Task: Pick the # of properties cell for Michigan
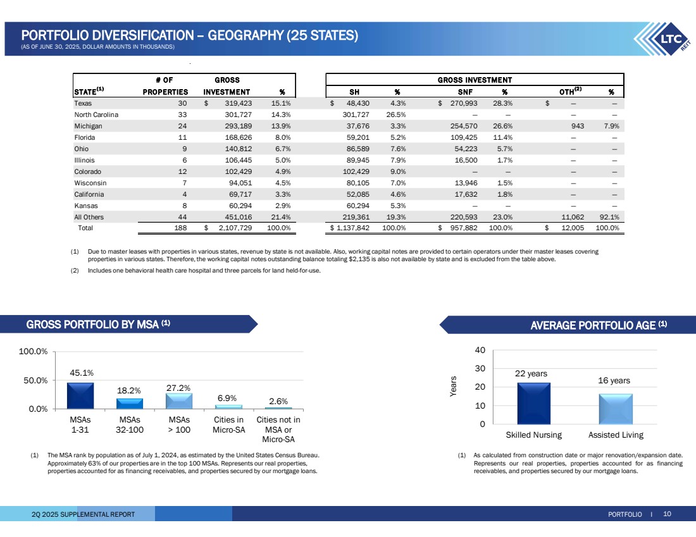coord(182,126)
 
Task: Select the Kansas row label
coord(85,206)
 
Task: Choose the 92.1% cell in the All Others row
coord(608,217)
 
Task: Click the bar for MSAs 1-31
coord(80,395)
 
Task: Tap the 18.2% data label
coord(130,390)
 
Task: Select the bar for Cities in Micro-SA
coord(228,407)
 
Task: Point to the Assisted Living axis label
coord(615,435)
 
